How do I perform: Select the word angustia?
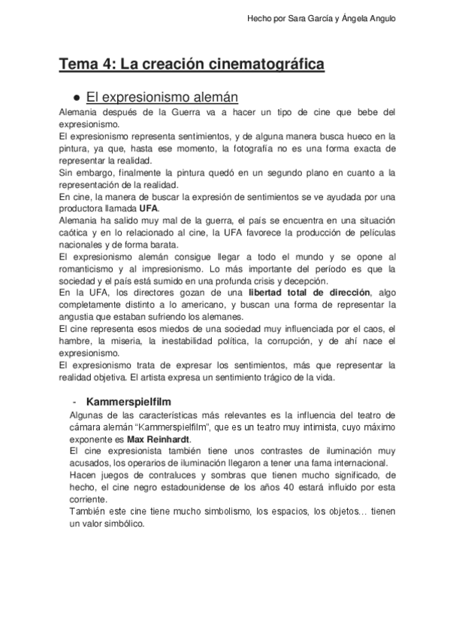tap(75, 317)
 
